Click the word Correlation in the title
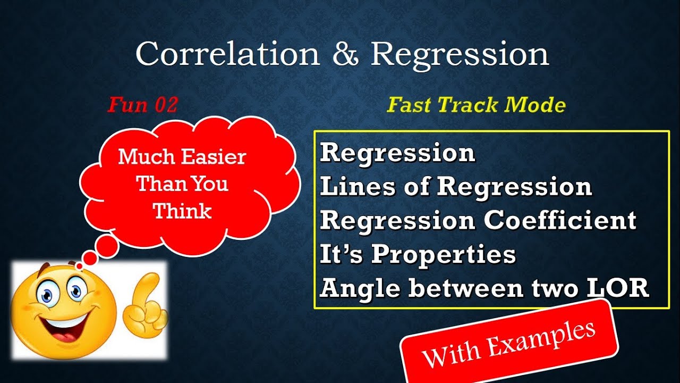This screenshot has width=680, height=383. point(227,54)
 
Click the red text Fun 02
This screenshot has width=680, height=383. point(142,105)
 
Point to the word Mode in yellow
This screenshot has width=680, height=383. point(535,105)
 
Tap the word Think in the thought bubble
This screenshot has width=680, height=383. point(183,211)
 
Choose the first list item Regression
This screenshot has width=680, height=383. point(397,153)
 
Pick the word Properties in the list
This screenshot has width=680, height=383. point(444,255)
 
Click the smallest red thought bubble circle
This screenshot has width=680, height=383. point(80,265)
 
